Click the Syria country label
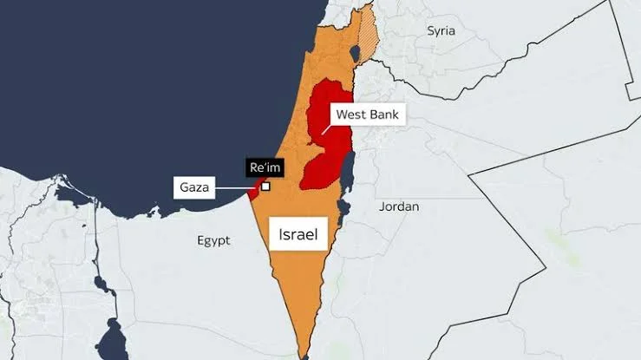440,30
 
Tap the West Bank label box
369,114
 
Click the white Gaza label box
195,187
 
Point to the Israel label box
297,234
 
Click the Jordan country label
399,206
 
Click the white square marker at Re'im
265,186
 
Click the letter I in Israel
280,234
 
